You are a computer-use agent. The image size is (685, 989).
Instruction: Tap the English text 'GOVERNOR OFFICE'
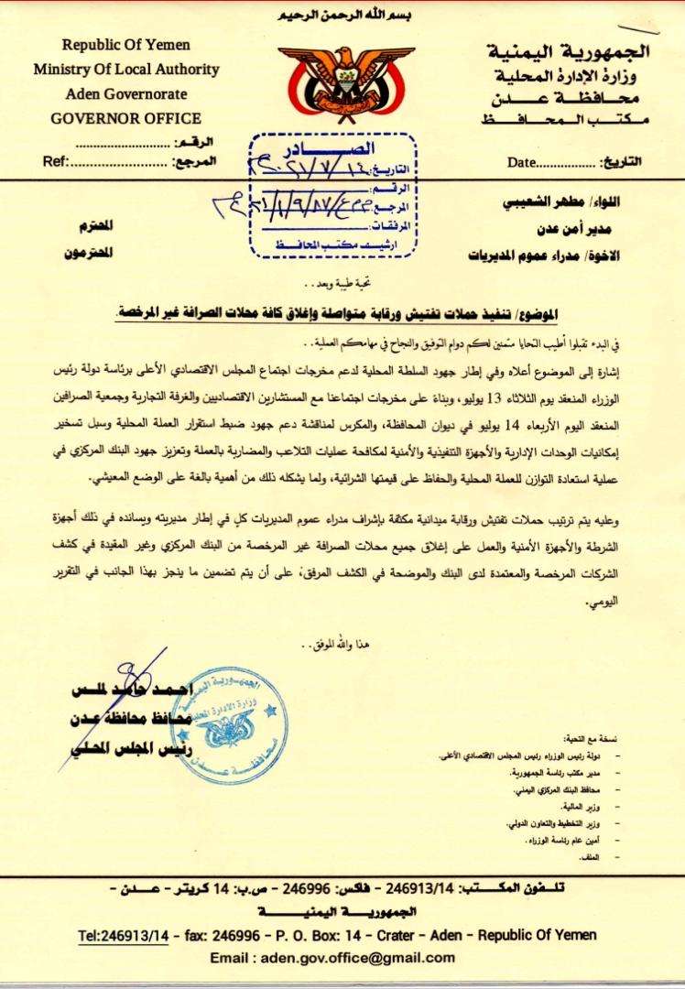click(x=126, y=118)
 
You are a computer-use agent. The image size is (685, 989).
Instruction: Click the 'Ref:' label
click(x=57, y=162)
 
